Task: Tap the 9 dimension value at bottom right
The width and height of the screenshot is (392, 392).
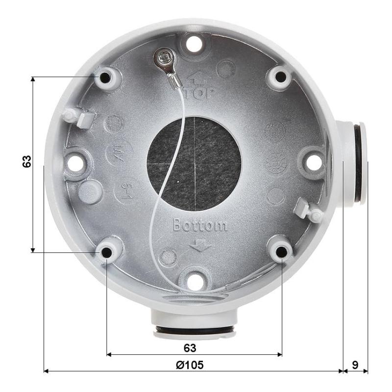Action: [x=355, y=365]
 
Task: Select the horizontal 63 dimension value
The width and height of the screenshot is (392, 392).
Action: [x=190, y=348]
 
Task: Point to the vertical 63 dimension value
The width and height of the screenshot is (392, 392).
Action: [x=27, y=162]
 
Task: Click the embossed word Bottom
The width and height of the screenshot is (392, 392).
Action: [x=200, y=225]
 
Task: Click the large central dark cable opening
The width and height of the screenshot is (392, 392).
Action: [x=195, y=163]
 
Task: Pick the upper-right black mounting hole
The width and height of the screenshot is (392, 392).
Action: [x=280, y=77]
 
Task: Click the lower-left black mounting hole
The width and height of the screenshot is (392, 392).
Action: [x=106, y=252]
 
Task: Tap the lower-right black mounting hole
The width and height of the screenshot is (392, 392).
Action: [x=281, y=252]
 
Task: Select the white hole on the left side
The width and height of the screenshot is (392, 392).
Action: [x=75, y=163]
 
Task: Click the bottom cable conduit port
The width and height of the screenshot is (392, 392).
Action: [x=195, y=326]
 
